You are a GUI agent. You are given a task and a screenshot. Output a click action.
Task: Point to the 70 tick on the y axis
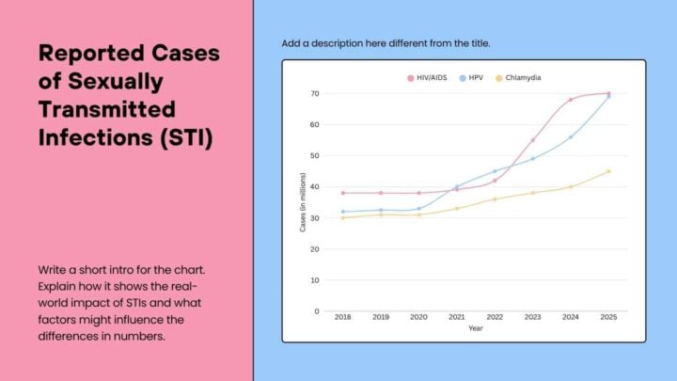(315, 94)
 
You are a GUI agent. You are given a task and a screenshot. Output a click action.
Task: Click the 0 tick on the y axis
(317, 311)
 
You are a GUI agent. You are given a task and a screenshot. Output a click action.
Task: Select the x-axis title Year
(476, 329)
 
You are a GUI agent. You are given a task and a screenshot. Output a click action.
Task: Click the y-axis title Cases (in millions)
(303, 202)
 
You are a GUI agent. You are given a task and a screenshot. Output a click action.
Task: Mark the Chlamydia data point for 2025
(608, 171)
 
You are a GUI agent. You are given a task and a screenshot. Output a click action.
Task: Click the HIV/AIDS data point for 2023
(532, 140)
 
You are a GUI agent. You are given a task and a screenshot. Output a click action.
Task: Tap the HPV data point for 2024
(571, 137)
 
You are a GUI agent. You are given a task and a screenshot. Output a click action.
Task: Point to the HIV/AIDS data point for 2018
(343, 193)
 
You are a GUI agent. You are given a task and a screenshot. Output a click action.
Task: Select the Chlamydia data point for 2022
(495, 199)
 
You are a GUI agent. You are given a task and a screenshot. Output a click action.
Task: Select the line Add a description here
(386, 44)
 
